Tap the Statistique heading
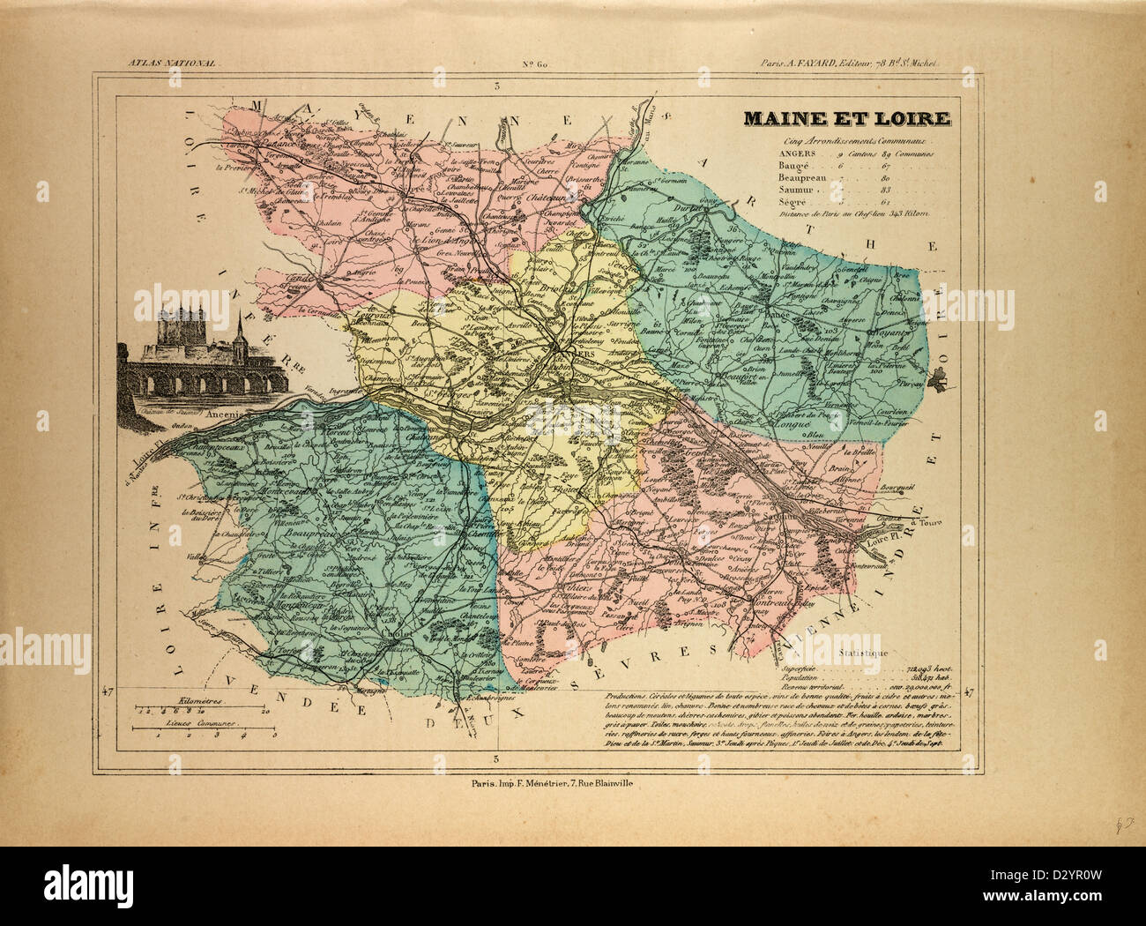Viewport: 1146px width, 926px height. (x=863, y=652)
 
